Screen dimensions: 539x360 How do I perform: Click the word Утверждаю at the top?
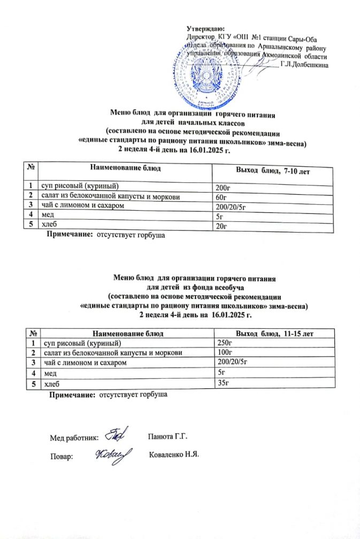coord(206,28)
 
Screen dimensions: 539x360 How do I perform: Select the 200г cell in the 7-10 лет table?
coord(220,187)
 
